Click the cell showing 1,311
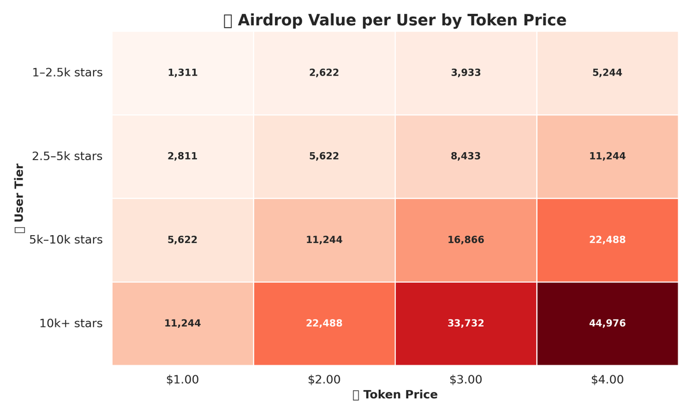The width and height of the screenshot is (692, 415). click(x=183, y=73)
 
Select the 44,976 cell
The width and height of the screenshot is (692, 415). click(x=607, y=323)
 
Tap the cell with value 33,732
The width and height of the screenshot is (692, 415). click(x=465, y=323)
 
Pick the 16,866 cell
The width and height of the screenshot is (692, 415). click(x=465, y=240)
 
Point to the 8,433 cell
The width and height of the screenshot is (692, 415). click(x=465, y=156)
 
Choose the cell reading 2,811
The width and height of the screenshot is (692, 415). click(x=183, y=156)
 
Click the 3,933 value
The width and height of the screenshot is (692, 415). click(x=465, y=73)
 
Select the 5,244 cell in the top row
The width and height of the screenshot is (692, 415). click(x=607, y=73)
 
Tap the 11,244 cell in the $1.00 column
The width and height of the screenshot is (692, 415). click(x=183, y=323)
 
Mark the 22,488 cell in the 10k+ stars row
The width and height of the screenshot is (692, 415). click(x=324, y=323)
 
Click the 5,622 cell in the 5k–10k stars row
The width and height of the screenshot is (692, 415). click(x=183, y=240)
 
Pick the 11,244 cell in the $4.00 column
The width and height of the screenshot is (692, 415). click(x=607, y=156)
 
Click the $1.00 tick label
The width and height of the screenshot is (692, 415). click(x=183, y=380)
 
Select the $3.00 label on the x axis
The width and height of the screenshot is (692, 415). click(x=465, y=380)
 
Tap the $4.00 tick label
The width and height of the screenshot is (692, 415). click(x=607, y=380)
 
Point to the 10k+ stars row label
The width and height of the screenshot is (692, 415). click(x=70, y=323)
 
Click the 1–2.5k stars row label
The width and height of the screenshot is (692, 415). click(x=67, y=73)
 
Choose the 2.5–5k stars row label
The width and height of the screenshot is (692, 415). click(x=67, y=156)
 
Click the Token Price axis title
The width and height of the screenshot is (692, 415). click(x=400, y=395)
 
